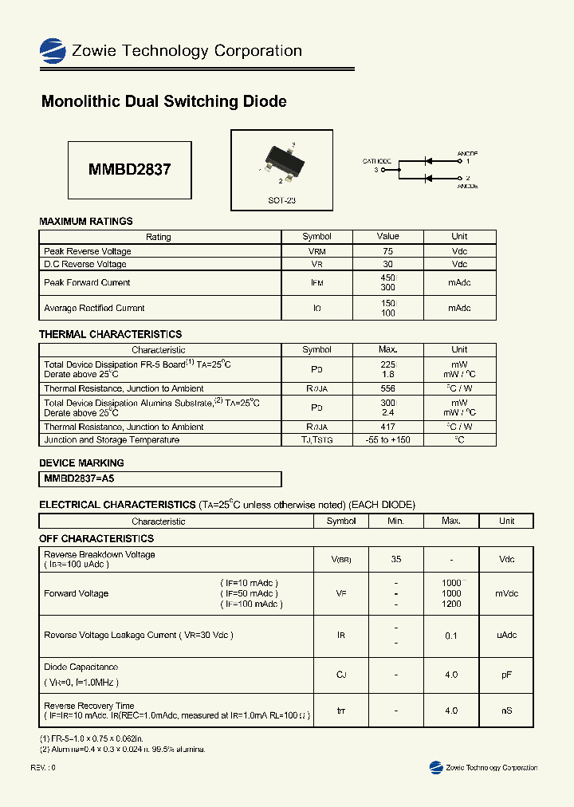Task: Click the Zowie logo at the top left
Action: [53, 51]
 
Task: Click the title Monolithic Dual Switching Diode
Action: [163, 102]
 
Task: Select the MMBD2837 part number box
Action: [129, 170]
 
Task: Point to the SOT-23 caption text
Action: [281, 200]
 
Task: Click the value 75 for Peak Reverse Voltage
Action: [387, 251]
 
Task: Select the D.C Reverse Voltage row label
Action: [85, 264]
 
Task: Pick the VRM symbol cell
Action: [316, 251]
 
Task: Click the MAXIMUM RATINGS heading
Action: [86, 221]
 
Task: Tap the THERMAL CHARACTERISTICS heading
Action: [110, 334]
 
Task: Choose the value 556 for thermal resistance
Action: [387, 388]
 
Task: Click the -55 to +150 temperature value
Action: [387, 440]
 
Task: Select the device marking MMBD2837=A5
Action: [81, 478]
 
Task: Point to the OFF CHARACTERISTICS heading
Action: [96, 539]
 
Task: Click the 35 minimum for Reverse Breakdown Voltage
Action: [396, 559]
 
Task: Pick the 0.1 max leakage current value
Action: [451, 636]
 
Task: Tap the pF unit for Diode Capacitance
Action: [506, 675]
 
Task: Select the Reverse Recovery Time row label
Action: [89, 706]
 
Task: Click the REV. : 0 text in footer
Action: [43, 767]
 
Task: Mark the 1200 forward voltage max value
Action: [451, 604]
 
